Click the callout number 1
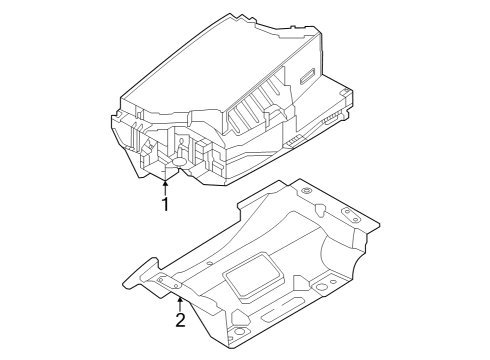pos(165,204)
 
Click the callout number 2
pos(180,320)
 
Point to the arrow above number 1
pos(165,187)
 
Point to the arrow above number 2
pos(180,304)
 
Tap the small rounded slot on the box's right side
pos(307,77)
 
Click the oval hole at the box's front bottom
pos(180,162)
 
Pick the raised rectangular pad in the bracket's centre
pos(252,276)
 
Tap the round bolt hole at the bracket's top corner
pos(306,191)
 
